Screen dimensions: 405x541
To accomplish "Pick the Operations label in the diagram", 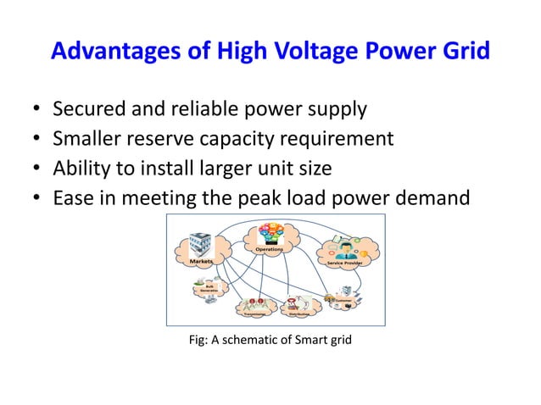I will pos(270,249).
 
